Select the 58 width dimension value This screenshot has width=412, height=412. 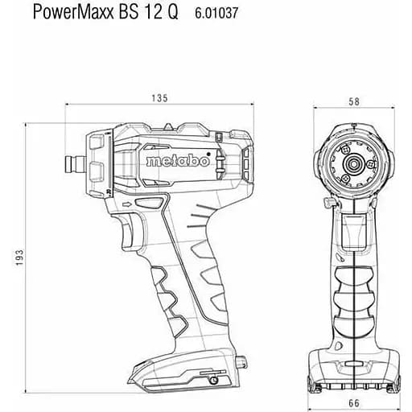coord(354,101)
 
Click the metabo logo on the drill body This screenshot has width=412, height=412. coord(178,161)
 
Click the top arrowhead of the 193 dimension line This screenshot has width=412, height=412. coord(28,125)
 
